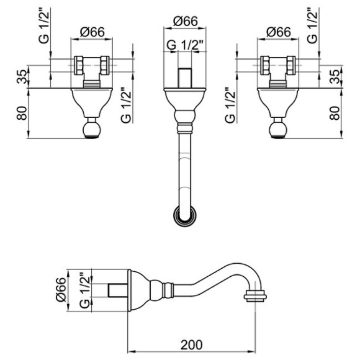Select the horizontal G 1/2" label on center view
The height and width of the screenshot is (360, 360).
click(183, 44)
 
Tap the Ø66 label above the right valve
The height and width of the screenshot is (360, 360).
click(277, 32)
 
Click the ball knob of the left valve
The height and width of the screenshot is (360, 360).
click(92, 130)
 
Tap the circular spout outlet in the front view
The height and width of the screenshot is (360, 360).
click(184, 217)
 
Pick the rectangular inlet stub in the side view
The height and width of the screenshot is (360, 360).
click(118, 289)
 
